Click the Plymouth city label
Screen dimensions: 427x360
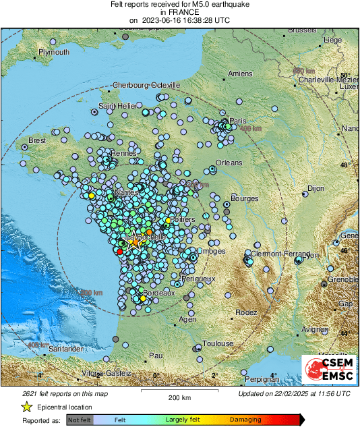coord(54,52)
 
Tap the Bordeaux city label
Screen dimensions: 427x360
coord(162,293)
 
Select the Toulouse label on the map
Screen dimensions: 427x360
coord(218,343)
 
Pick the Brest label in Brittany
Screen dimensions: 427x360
coord(37,140)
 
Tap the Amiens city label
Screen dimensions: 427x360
coord(240,74)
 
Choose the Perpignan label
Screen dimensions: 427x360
coord(262,379)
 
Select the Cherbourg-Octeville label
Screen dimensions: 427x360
coord(146,86)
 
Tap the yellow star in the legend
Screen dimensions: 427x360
coord(27,407)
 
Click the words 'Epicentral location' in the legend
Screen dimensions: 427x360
coord(65,407)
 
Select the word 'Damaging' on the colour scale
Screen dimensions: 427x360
coord(246,420)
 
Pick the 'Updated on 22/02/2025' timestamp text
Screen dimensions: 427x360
coord(295,393)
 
